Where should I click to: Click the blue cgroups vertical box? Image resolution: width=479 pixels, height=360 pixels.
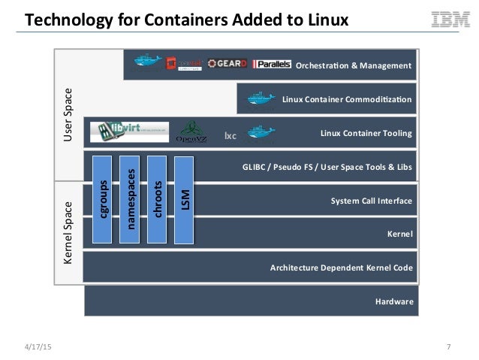(103, 200)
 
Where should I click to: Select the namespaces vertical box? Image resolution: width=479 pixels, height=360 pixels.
(131, 200)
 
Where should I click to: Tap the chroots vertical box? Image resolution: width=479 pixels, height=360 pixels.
(158, 200)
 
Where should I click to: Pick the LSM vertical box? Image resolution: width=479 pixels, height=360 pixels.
(185, 200)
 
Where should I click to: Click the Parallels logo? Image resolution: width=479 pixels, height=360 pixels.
(272, 65)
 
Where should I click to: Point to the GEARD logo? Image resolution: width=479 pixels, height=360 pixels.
(227, 64)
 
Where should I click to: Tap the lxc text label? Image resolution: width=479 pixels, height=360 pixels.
(230, 136)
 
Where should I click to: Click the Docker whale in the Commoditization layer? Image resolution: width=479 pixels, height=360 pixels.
(258, 98)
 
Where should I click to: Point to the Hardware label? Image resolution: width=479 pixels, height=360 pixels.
(393, 301)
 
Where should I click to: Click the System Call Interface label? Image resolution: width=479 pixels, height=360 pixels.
(372, 201)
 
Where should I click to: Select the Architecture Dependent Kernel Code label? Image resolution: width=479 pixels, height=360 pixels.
(342, 268)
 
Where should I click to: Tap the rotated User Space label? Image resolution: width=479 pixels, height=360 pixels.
(68, 116)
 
